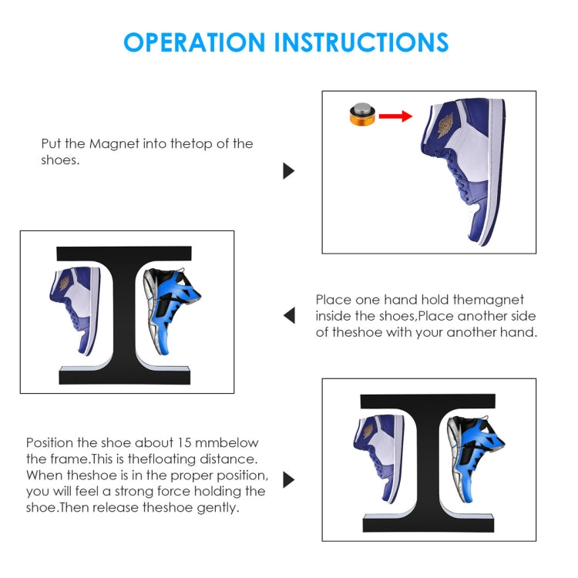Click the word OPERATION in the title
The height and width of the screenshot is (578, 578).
pyautogui.click(x=194, y=42)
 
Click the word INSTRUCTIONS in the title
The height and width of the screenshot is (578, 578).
pyautogui.click(x=361, y=42)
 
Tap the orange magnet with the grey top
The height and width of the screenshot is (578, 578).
pyautogui.click(x=362, y=114)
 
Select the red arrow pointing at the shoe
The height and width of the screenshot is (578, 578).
pyautogui.click(x=395, y=116)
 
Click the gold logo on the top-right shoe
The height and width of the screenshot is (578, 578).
pyautogui.click(x=445, y=126)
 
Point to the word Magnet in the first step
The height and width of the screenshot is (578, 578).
pyautogui.click(x=114, y=144)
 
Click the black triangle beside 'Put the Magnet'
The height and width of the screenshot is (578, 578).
pyautogui.click(x=289, y=170)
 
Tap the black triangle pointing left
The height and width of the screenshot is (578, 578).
pyautogui.click(x=289, y=315)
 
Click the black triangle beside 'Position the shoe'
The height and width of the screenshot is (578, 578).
pyautogui.click(x=289, y=479)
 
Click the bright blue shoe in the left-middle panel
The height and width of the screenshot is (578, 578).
pyautogui.click(x=171, y=311)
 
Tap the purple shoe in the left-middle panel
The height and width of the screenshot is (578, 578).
pyautogui.click(x=76, y=310)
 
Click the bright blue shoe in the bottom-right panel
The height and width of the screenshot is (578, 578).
pyautogui.click(x=476, y=459)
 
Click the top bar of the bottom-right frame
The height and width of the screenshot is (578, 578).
pyautogui.click(x=428, y=401)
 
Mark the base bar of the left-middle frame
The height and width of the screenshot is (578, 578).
pyautogui.click(x=125, y=376)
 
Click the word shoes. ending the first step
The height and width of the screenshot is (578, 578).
pyautogui.click(x=60, y=160)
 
